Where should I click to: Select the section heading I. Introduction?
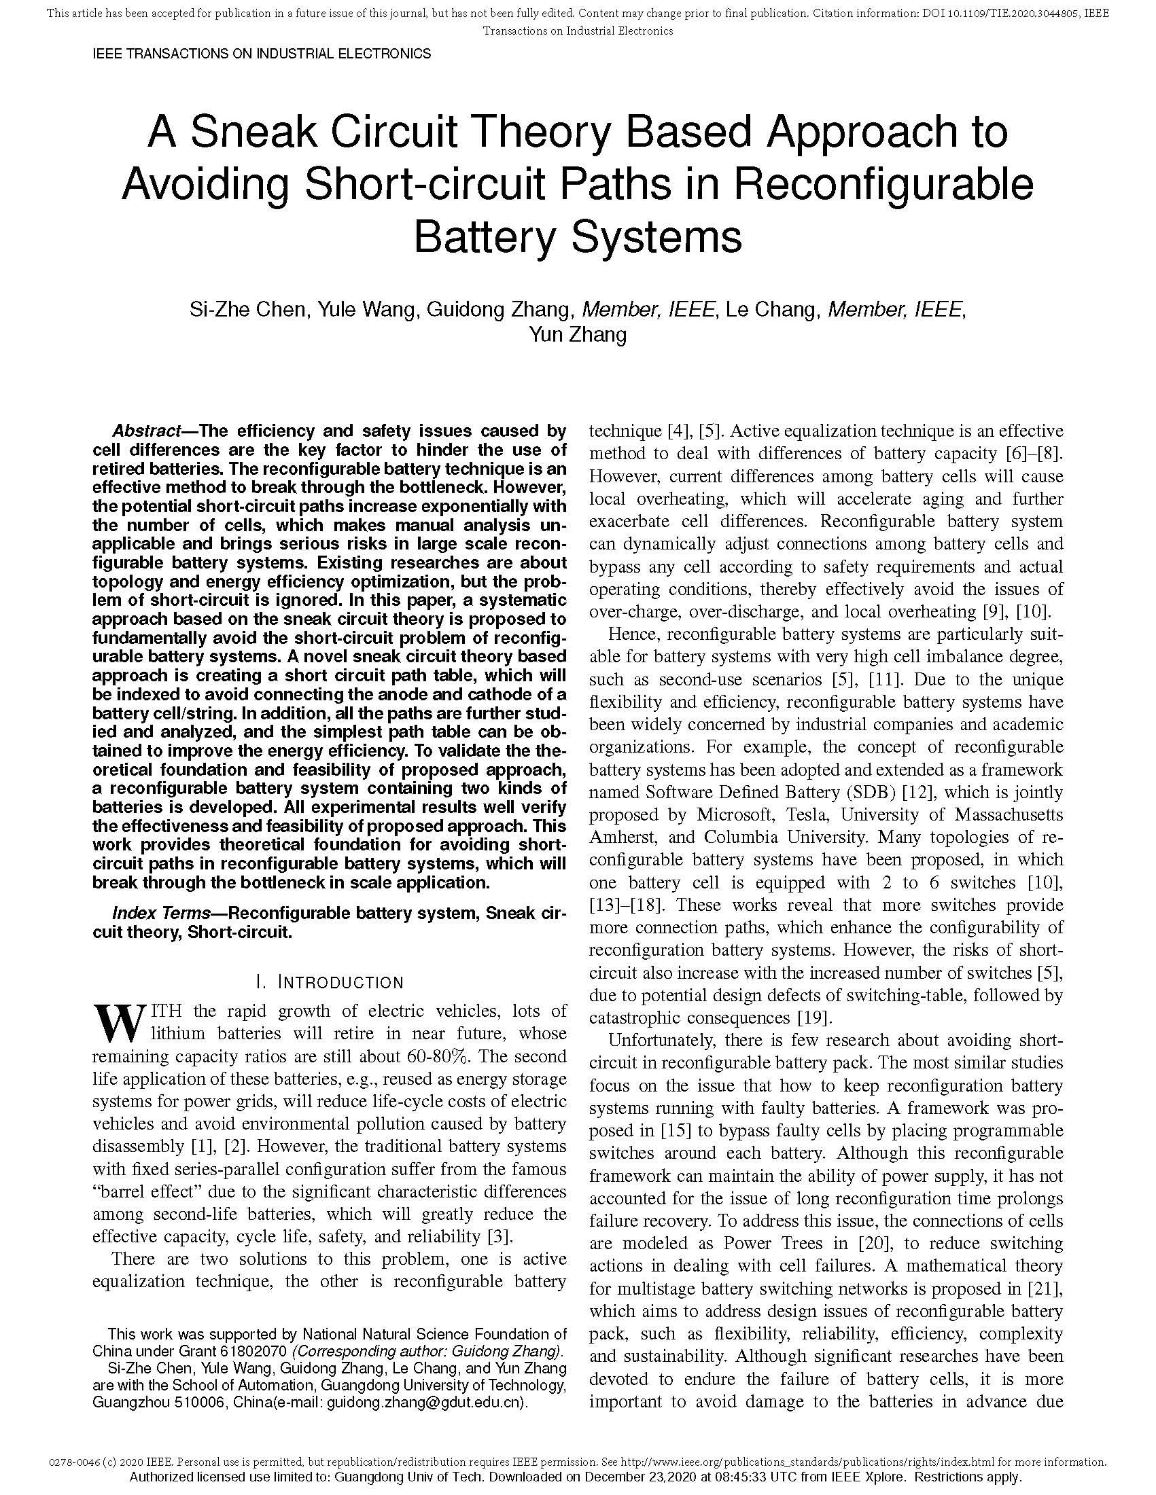[330, 982]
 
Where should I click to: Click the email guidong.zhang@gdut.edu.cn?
[424, 1402]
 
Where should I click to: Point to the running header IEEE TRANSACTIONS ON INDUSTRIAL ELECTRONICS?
[262, 54]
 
